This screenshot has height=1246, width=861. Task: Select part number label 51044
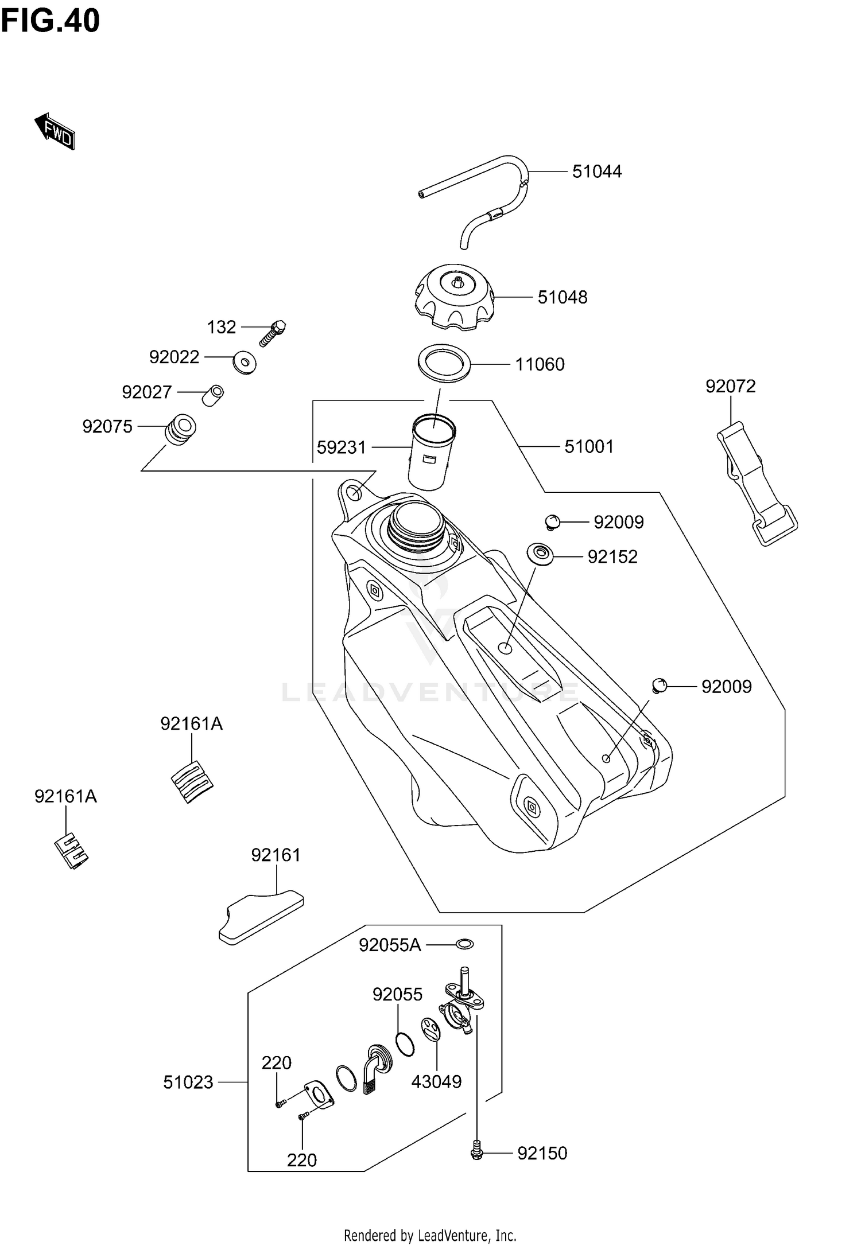[x=596, y=172]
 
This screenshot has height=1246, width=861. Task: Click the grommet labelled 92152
[x=540, y=554]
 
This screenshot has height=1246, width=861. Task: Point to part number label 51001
[x=589, y=446]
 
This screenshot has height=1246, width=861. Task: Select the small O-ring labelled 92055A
[x=464, y=944]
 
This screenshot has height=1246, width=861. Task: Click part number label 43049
[x=436, y=1081]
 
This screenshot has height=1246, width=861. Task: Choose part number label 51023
[x=188, y=1082]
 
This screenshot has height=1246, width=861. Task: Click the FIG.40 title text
[x=51, y=21]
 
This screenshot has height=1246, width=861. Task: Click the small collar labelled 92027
[x=214, y=395]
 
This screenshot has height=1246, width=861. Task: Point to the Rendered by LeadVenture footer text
[x=430, y=1235]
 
